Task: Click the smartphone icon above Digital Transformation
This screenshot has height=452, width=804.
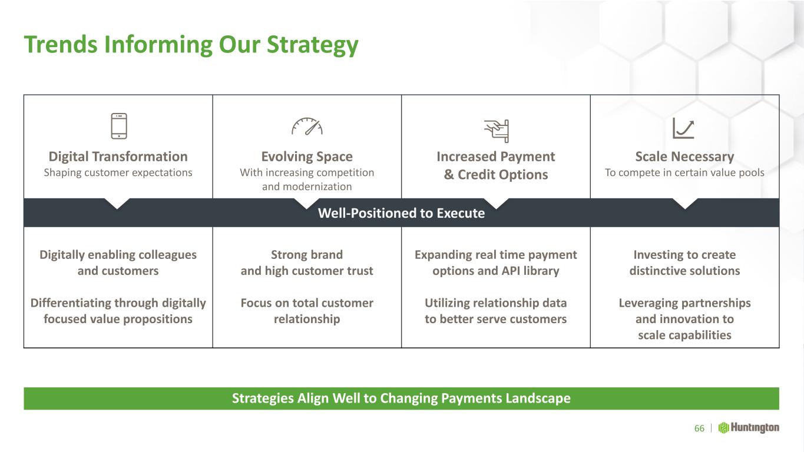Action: click(119, 126)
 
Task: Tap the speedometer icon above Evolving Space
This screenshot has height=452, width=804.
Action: click(307, 127)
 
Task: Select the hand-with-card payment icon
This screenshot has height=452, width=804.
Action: click(497, 131)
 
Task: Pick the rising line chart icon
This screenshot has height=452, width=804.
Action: click(683, 128)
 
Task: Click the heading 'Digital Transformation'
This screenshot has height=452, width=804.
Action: click(118, 157)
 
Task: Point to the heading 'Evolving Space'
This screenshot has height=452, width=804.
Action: click(307, 157)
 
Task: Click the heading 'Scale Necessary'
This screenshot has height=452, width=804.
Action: click(684, 157)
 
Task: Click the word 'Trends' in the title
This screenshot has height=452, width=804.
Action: click(61, 45)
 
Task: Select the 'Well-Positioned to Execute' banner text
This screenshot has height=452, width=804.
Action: click(401, 213)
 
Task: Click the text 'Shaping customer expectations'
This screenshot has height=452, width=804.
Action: click(118, 172)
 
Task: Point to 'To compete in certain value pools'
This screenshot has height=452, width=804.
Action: click(684, 172)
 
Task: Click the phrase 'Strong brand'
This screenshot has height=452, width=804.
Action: click(307, 255)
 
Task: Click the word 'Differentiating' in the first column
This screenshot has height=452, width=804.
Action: click(71, 303)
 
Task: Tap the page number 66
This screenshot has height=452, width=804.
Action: click(699, 428)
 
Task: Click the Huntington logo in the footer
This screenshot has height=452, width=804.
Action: click(749, 428)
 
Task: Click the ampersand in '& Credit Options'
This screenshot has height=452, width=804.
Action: click(449, 175)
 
